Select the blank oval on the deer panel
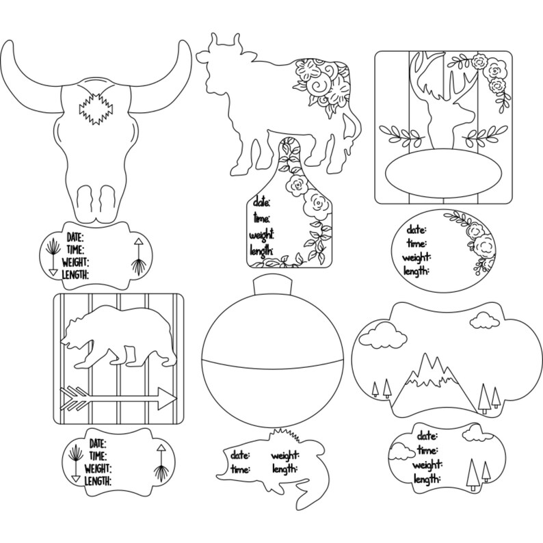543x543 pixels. pyautogui.click(x=443, y=170)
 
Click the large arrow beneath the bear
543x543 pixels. pyautogui.click(x=118, y=398)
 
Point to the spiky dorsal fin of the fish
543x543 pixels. pyautogui.click(x=285, y=435)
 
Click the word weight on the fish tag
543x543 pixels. pyautogui.click(x=285, y=455)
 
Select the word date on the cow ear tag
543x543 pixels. pyautogui.click(x=261, y=202)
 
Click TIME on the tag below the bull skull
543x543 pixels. pyautogui.click(x=75, y=250)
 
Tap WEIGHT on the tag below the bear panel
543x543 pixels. pyautogui.click(x=98, y=468)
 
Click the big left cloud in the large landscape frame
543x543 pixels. pyautogui.click(x=383, y=335)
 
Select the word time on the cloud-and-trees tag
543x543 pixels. pyautogui.click(x=427, y=450)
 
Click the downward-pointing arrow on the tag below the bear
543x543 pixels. pyautogui.click(x=75, y=464)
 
